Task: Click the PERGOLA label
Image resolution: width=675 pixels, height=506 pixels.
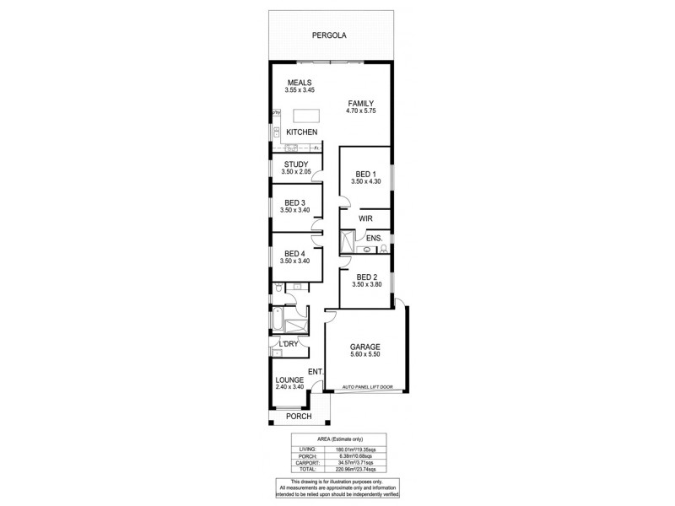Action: (x=329, y=36)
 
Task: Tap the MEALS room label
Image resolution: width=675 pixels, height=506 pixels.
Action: (x=300, y=83)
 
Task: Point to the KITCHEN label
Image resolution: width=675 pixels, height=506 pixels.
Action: (x=301, y=133)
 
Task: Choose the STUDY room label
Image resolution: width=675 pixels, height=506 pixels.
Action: (x=295, y=164)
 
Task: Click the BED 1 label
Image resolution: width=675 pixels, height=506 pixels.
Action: (x=364, y=173)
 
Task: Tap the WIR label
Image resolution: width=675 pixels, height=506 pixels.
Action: (x=365, y=218)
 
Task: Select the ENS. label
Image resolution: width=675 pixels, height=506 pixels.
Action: (x=375, y=239)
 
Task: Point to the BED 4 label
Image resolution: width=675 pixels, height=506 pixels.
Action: (x=294, y=253)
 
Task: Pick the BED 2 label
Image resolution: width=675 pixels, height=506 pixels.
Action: (x=365, y=277)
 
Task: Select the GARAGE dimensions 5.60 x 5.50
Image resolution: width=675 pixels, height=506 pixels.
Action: (x=365, y=356)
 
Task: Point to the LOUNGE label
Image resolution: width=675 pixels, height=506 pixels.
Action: (x=289, y=379)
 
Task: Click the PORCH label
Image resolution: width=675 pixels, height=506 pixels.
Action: (x=299, y=417)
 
